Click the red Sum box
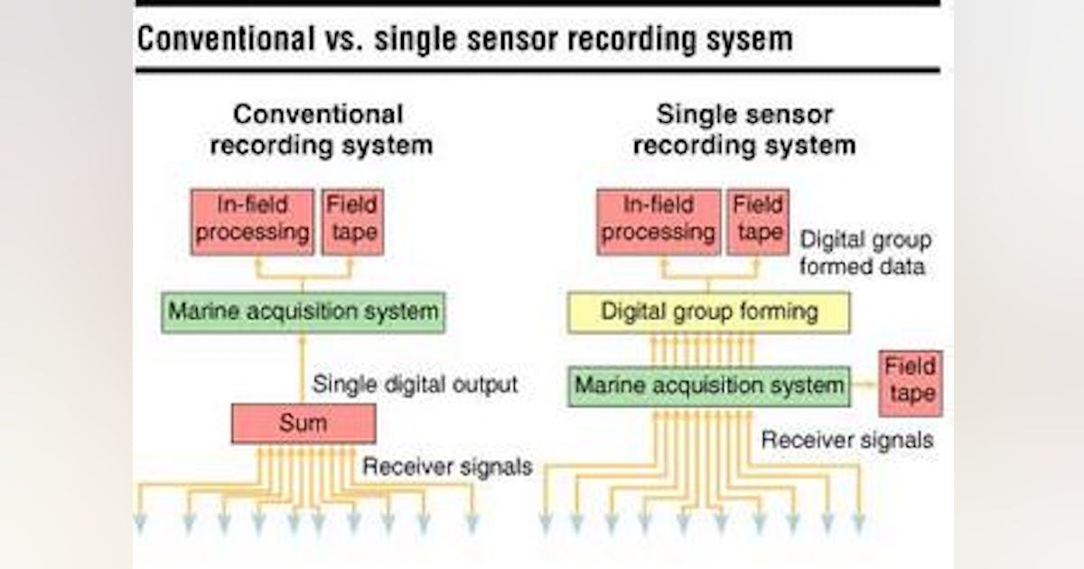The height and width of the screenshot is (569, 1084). [x=304, y=423]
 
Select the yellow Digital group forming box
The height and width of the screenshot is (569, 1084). [x=708, y=312]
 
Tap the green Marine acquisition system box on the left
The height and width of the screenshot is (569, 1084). [x=304, y=312]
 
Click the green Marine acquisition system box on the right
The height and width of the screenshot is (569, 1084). [x=709, y=386]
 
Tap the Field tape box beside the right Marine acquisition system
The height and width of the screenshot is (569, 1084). [x=910, y=383]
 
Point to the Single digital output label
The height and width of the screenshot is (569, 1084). [x=415, y=384]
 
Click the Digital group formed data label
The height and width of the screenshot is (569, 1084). [x=864, y=254]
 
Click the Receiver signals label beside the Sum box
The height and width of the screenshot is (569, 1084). [x=447, y=467]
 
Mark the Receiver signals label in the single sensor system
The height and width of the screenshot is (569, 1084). [x=846, y=440]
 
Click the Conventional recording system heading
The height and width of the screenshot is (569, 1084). [x=319, y=129]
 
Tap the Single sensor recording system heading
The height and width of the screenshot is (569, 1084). [x=744, y=129]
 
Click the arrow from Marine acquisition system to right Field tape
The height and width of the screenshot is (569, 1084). [x=864, y=386]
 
